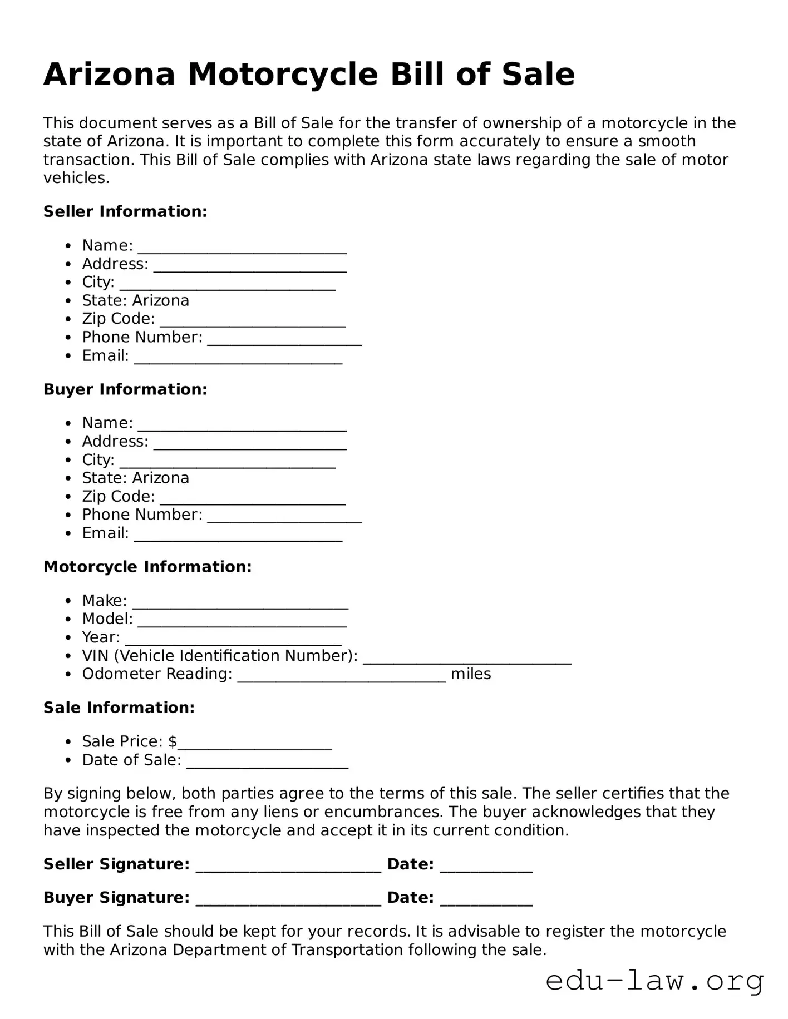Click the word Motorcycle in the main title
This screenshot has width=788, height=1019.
pyautogui.click(x=283, y=75)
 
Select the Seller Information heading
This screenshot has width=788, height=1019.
pyautogui.click(x=125, y=211)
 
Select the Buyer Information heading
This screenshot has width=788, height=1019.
pyautogui.click(x=125, y=389)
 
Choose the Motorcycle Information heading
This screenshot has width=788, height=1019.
pyautogui.click(x=147, y=567)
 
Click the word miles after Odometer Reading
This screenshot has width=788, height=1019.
pyautogui.click(x=471, y=674)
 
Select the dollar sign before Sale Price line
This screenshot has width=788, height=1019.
pyautogui.click(x=173, y=741)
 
